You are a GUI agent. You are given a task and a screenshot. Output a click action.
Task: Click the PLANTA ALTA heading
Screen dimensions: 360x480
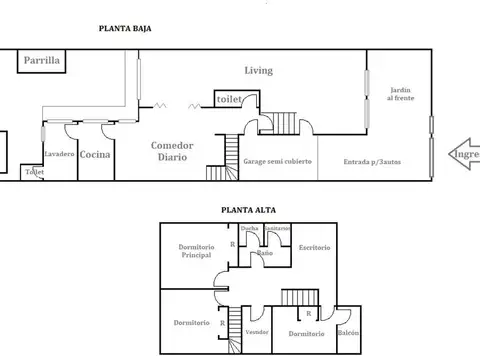249,210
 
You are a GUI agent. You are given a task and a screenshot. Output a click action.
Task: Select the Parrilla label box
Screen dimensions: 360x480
43,62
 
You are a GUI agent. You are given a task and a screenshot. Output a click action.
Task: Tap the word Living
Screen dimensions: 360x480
260,70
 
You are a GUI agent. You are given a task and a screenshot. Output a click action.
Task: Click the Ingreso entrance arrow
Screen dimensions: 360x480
462,155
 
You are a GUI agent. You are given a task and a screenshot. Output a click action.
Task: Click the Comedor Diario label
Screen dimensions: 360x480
172,150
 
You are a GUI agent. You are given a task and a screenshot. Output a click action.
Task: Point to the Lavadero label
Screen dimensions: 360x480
58,154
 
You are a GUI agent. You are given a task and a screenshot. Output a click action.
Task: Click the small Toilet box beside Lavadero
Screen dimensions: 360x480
33,172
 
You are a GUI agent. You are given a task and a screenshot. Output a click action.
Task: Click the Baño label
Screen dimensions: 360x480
265,253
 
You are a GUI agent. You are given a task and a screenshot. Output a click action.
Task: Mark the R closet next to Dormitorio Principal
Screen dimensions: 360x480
232,244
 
